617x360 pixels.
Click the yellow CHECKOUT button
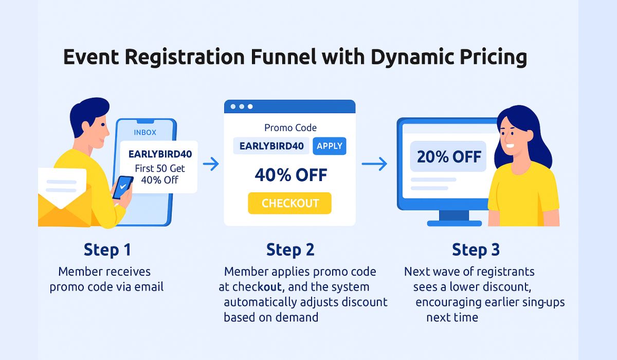pyautogui.click(x=289, y=203)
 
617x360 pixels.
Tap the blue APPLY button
pyautogui.click(x=329, y=146)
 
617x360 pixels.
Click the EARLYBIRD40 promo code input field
pyautogui.click(x=271, y=146)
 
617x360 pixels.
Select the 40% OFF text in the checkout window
pyautogui.click(x=291, y=175)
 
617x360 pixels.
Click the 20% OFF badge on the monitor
pyautogui.click(x=448, y=156)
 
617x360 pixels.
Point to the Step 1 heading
pyautogui.click(x=107, y=250)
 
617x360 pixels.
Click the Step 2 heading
pyautogui.click(x=290, y=250)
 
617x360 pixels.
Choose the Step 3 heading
pyautogui.click(x=476, y=250)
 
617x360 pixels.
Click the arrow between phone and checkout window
pyautogui.click(x=211, y=165)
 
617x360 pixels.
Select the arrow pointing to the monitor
pyautogui.click(x=374, y=165)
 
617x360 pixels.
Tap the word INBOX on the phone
pyautogui.click(x=145, y=132)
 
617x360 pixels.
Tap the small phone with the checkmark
pyautogui.click(x=122, y=188)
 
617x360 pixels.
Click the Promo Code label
pyautogui.click(x=291, y=128)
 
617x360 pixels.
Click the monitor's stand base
pyautogui.click(x=454, y=223)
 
